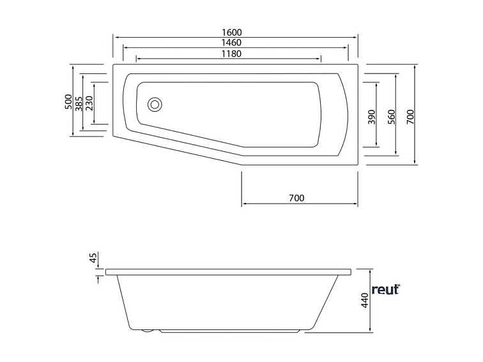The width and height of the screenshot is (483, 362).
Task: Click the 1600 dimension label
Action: click(x=232, y=33)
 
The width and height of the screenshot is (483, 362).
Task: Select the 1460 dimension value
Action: click(x=232, y=43)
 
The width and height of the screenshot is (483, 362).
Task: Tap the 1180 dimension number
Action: click(x=232, y=54)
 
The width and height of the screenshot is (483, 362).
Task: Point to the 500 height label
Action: click(x=68, y=102)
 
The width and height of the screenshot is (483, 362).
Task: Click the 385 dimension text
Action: click(x=79, y=103)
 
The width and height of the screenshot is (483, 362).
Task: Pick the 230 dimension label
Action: click(x=89, y=103)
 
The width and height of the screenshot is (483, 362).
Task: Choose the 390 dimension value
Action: click(x=372, y=117)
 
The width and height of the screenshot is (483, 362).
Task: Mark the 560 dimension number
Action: click(x=391, y=117)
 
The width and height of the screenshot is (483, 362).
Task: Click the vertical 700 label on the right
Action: click(x=410, y=117)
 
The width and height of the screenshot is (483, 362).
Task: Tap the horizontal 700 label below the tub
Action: click(x=296, y=198)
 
